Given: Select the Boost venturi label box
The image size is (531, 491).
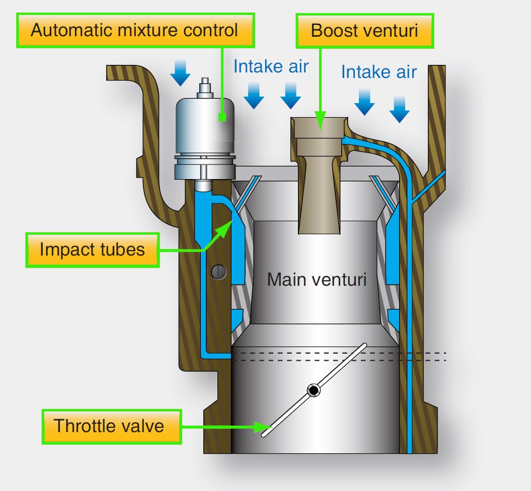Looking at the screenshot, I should [x=364, y=31].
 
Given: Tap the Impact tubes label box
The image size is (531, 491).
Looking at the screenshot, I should [x=92, y=250].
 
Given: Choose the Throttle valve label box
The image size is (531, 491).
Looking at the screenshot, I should [x=109, y=426].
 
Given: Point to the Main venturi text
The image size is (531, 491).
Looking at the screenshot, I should [x=317, y=279].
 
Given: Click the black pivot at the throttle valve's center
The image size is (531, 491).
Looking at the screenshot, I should [x=314, y=390].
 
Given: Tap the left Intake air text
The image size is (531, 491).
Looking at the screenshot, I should [x=271, y=66].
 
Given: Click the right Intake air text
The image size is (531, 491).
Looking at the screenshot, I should [x=378, y=72].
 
